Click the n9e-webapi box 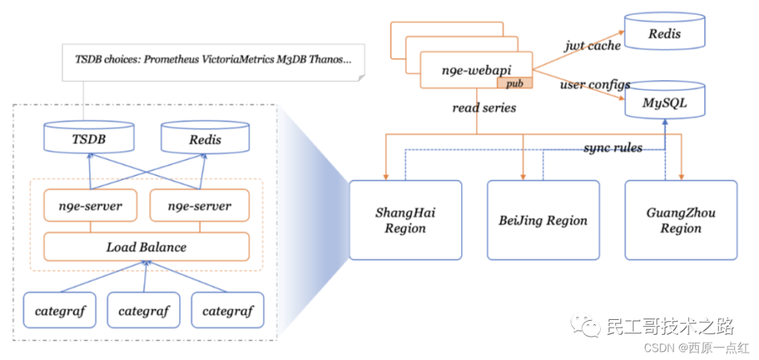pyautogui.click(x=476, y=70)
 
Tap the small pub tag pyautogui.click(x=514, y=83)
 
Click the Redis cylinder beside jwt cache pyautogui.click(x=665, y=32)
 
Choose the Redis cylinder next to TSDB pyautogui.click(x=205, y=138)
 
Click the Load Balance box pyautogui.click(x=146, y=247)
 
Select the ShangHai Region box pyautogui.click(x=406, y=220)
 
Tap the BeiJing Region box pyautogui.click(x=543, y=220)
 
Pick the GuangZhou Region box pyautogui.click(x=680, y=220)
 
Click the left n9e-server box pyautogui.click(x=91, y=205)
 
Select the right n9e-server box pyautogui.click(x=200, y=205)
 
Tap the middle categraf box pyautogui.click(x=144, y=310)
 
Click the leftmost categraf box pyautogui.click(x=60, y=310)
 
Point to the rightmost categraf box pyautogui.click(x=228, y=310)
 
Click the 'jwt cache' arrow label pyautogui.click(x=592, y=46)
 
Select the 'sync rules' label pyautogui.click(x=613, y=148)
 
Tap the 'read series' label pyautogui.click(x=484, y=108)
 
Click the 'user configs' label pyautogui.click(x=595, y=85)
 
